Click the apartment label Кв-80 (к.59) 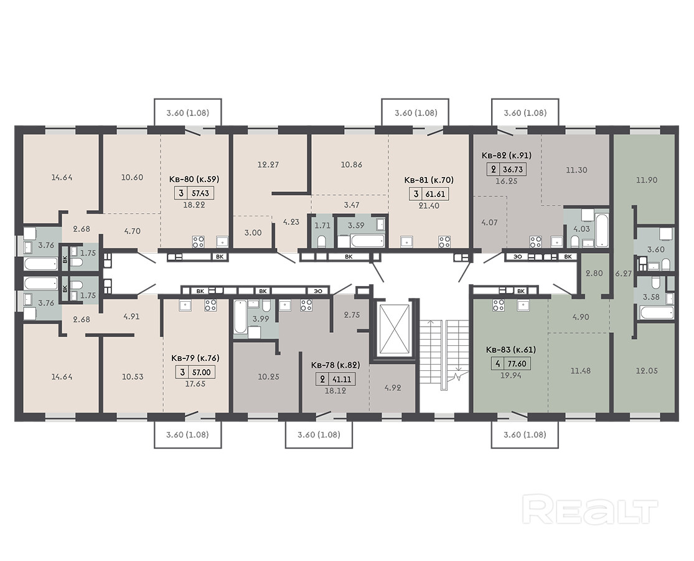(194, 179)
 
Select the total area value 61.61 (436, 194)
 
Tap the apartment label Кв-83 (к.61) (511, 349)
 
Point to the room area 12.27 (268, 165)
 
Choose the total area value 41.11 (342, 380)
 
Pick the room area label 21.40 (429, 206)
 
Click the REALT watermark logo (590, 510)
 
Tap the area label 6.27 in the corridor (623, 274)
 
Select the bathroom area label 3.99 (260, 319)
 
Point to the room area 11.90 (647, 180)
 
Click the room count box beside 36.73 (494, 170)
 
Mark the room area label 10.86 (352, 165)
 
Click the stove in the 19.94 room (499, 305)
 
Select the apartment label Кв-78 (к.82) (335, 365)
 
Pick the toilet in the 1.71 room (322, 241)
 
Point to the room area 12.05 (647, 370)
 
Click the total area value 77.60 (517, 364)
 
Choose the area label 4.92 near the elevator (393, 388)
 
